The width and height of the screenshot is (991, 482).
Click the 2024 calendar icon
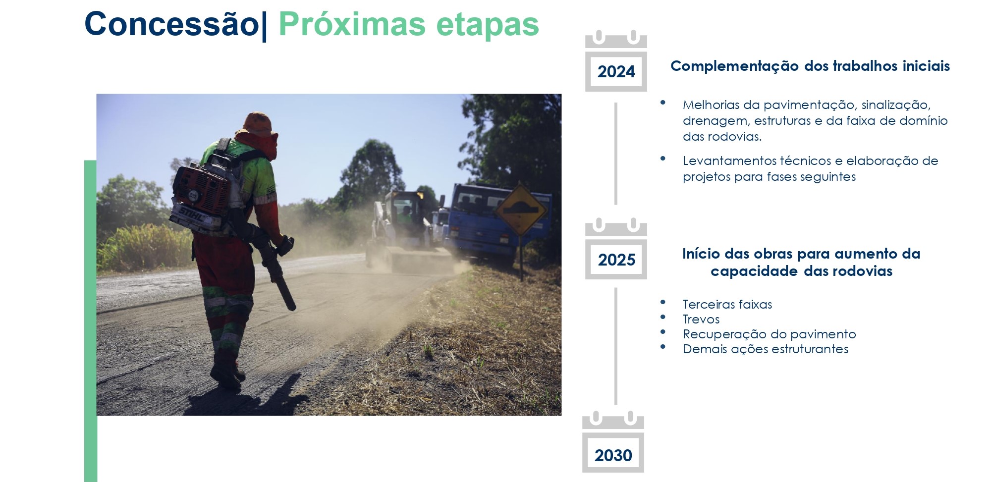coord(616,61)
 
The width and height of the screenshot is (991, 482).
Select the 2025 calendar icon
coord(616,249)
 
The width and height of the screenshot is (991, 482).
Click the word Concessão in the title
coord(171,24)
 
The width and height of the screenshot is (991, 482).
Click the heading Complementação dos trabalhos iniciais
coord(810,66)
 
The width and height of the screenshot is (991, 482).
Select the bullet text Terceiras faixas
coord(727,304)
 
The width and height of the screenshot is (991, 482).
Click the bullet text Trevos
coord(701,319)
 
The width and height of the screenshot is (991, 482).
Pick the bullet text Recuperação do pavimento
coord(769,334)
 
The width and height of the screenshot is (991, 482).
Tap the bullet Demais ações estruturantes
coord(765,349)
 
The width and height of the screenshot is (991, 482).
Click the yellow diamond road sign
coord(521,209)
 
